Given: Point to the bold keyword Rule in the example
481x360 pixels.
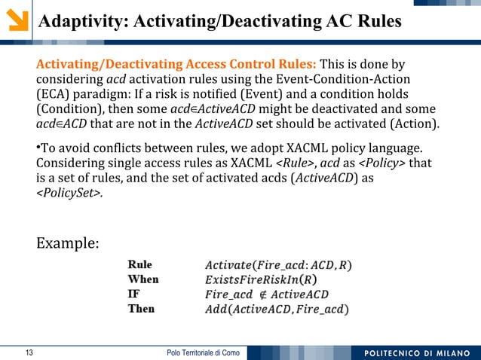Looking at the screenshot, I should pyautogui.click(x=139, y=265).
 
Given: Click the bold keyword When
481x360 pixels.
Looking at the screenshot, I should pyautogui.click(x=143, y=279).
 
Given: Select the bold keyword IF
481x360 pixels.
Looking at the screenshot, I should pyautogui.click(x=133, y=294).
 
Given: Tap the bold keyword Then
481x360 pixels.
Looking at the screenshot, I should pyautogui.click(x=141, y=309).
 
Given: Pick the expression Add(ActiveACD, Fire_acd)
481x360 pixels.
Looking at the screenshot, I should pyautogui.click(x=277, y=309).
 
